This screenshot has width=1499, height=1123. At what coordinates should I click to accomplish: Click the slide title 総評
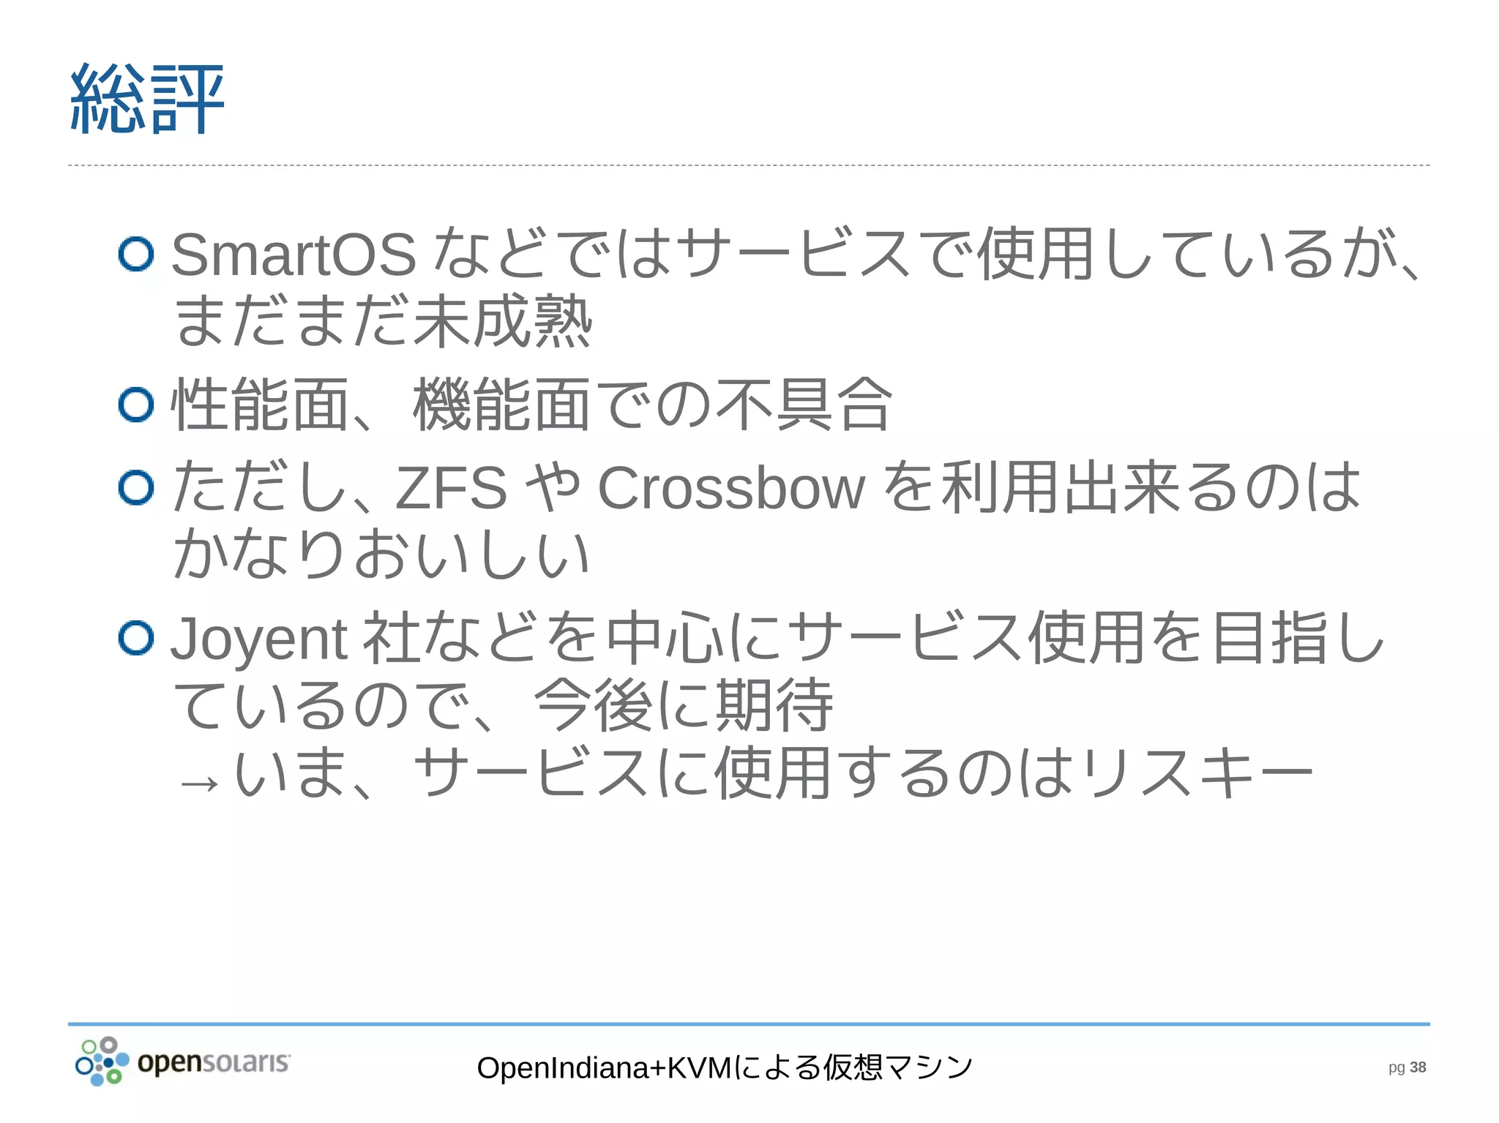pos(146,99)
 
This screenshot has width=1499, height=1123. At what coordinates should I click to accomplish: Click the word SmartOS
pos(294,255)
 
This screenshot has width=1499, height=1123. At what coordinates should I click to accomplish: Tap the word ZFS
pos(451,488)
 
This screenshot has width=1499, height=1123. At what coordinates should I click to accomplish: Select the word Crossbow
pos(731,488)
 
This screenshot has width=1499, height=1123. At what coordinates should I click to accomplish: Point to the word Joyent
pos(258,639)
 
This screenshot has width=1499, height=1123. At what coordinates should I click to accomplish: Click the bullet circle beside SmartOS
pos(136,255)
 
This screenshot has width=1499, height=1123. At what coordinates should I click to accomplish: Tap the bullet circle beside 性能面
pos(136,405)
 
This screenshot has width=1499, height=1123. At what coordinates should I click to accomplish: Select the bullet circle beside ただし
pos(136,488)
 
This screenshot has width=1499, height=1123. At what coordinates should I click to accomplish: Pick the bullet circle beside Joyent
pos(136,638)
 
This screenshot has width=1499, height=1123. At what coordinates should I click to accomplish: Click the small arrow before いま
pos(199,784)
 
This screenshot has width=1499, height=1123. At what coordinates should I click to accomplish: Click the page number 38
pos(1418,1067)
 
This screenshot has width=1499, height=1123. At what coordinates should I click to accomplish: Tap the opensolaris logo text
pos(214,1062)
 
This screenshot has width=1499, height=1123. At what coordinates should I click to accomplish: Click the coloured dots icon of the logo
pos(102,1062)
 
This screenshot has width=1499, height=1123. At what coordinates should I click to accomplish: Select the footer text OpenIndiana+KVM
pos(604,1068)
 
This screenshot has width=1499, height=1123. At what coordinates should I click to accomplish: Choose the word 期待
pos(774,706)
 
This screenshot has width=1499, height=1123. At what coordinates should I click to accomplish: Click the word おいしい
pos(472,554)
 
